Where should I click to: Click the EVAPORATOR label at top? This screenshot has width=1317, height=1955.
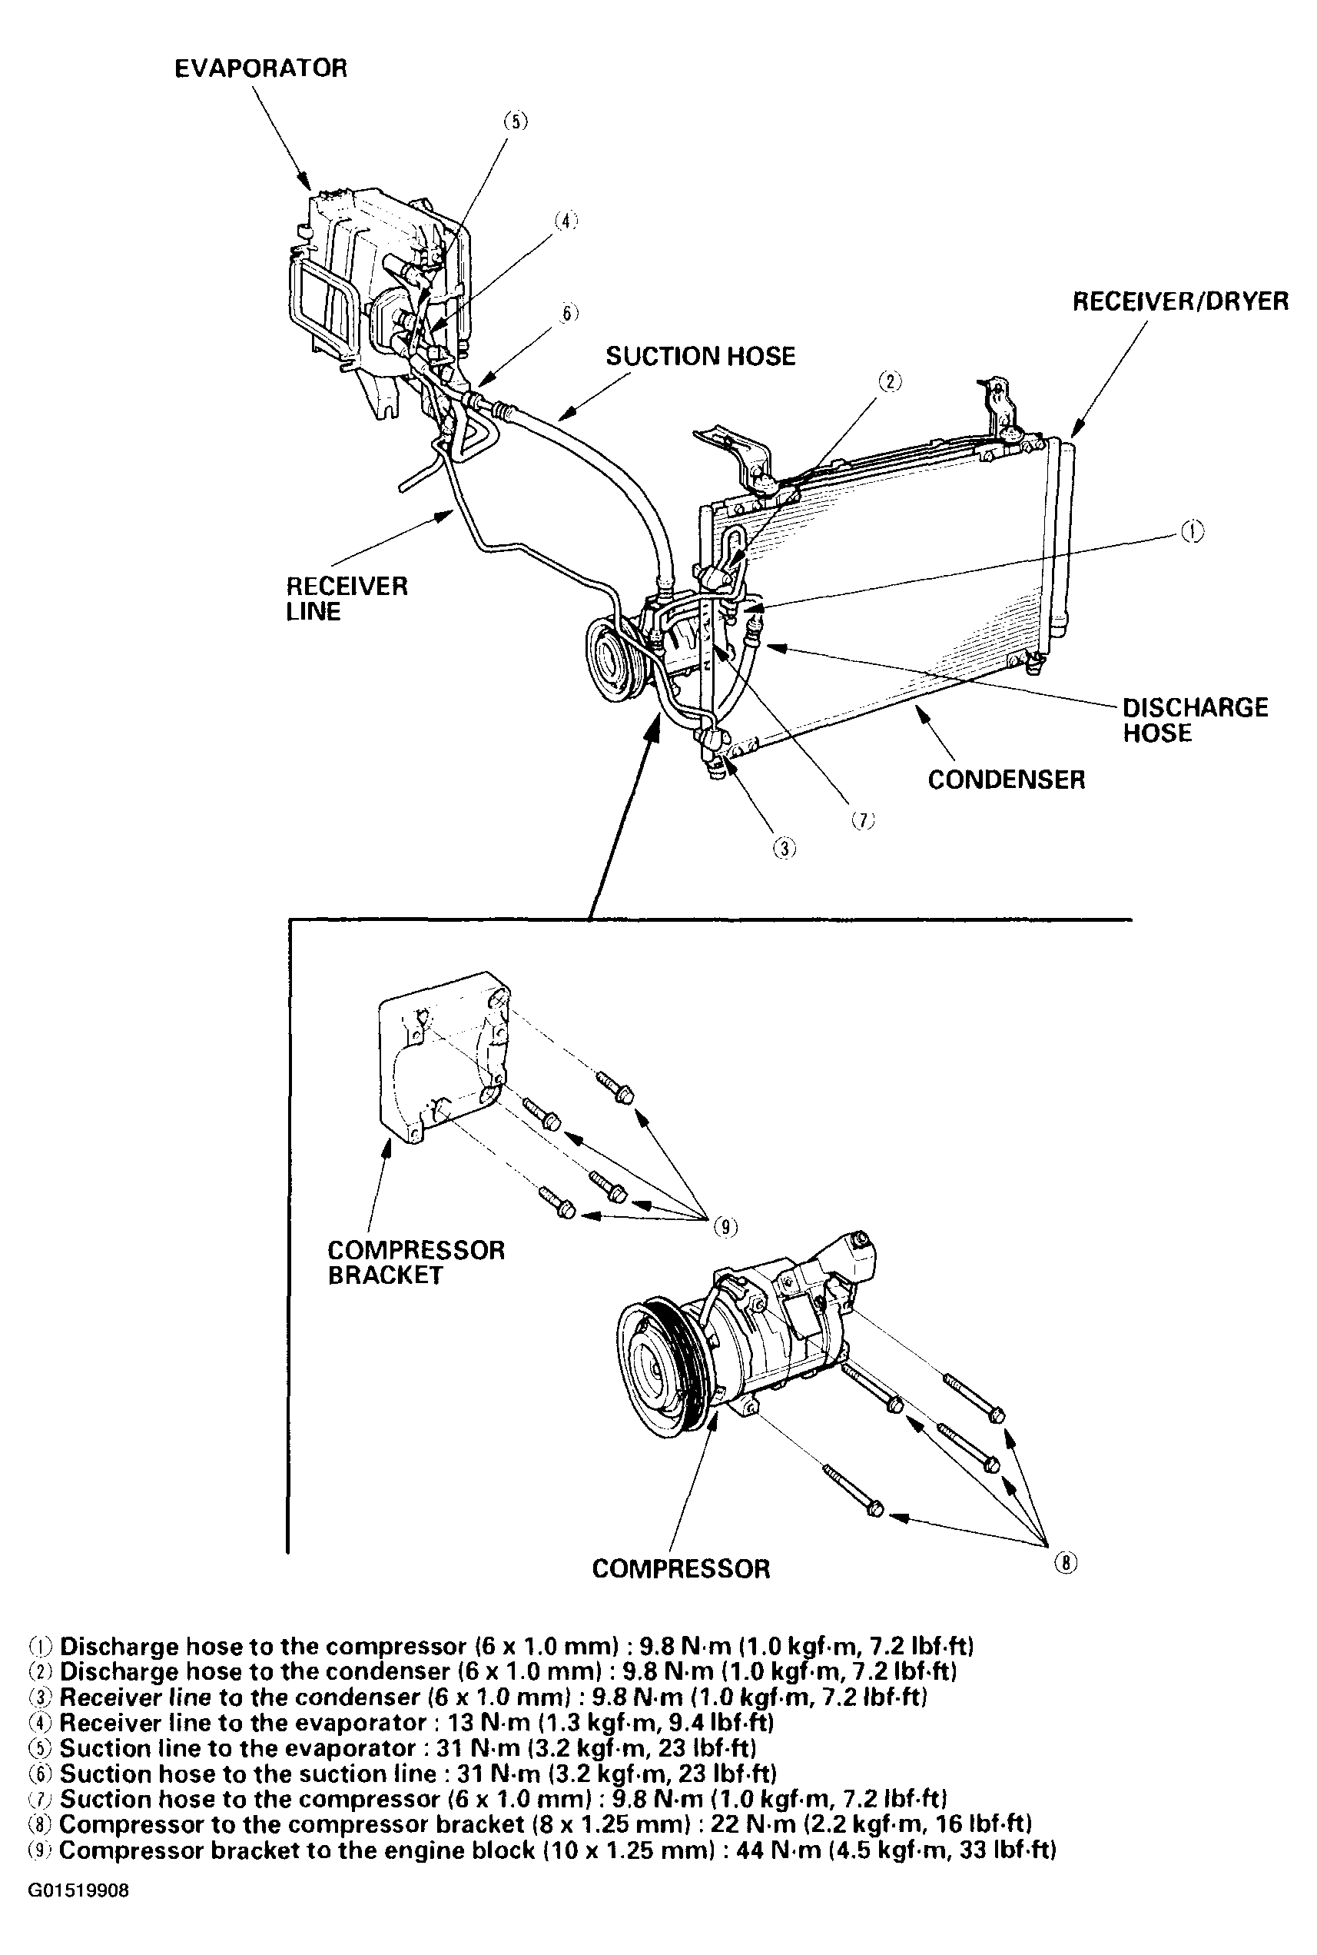(x=260, y=68)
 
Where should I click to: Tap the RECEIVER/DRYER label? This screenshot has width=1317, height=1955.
(x=1180, y=301)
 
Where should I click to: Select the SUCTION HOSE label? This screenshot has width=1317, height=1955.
(x=701, y=356)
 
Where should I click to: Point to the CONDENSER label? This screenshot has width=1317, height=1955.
(x=1007, y=780)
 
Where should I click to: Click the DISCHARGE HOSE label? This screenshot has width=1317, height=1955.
(x=1195, y=720)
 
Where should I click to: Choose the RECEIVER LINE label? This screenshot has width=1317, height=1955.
(x=346, y=598)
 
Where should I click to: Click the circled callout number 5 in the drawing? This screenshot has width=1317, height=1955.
(x=515, y=121)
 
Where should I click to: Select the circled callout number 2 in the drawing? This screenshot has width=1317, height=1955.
(x=890, y=381)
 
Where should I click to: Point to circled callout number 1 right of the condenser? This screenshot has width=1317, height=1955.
(x=1192, y=531)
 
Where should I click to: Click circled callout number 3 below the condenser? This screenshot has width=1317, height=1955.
(x=785, y=849)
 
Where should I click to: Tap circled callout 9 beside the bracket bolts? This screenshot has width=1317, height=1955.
(x=725, y=1228)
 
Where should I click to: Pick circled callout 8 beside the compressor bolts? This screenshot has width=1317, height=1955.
(x=1065, y=1563)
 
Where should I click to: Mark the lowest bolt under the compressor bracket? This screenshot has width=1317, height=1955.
(x=557, y=1202)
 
